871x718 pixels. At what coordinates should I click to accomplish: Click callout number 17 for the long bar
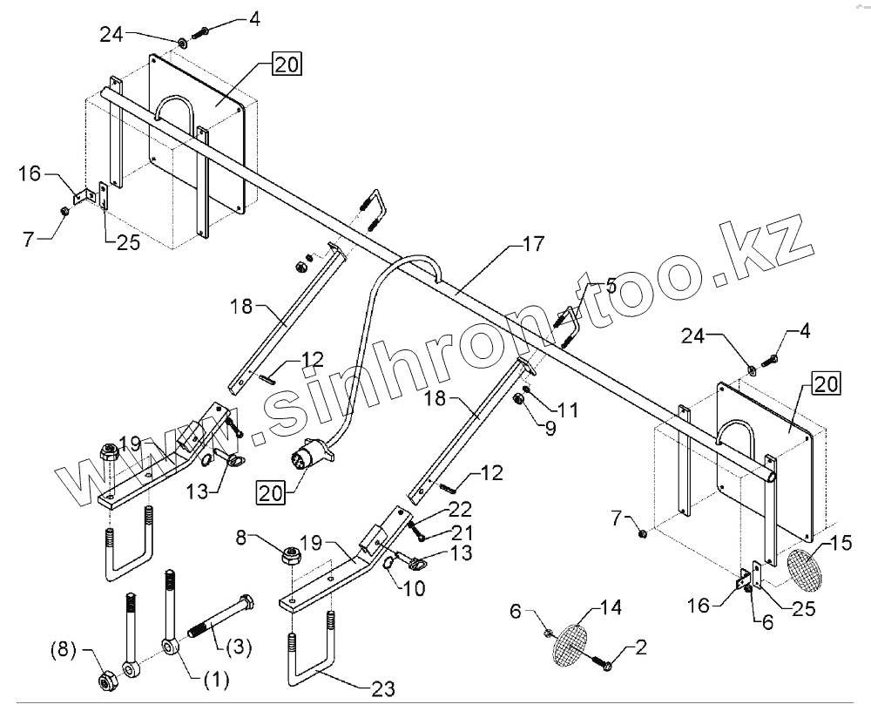533,245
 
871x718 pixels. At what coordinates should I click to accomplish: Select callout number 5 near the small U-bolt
611,285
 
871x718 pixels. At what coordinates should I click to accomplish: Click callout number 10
415,589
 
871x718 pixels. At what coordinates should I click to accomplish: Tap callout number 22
459,508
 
